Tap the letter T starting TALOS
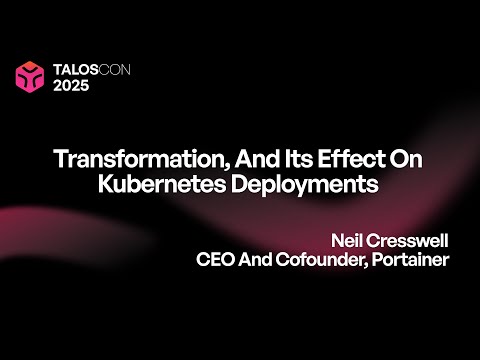[58, 70]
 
